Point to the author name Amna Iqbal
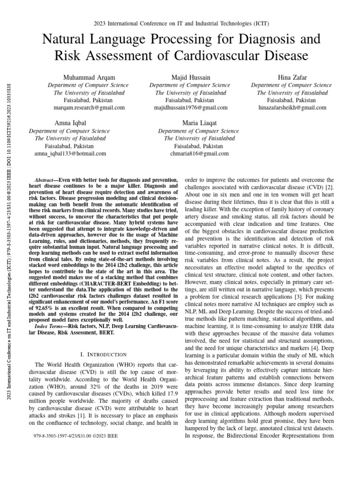click(70, 123)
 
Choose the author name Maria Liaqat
click(199, 123)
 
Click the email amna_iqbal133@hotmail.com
click(70, 154)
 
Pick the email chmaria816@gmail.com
click(199, 154)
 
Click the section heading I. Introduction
click(104, 354)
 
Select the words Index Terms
click(52, 326)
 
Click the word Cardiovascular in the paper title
click(238, 56)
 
